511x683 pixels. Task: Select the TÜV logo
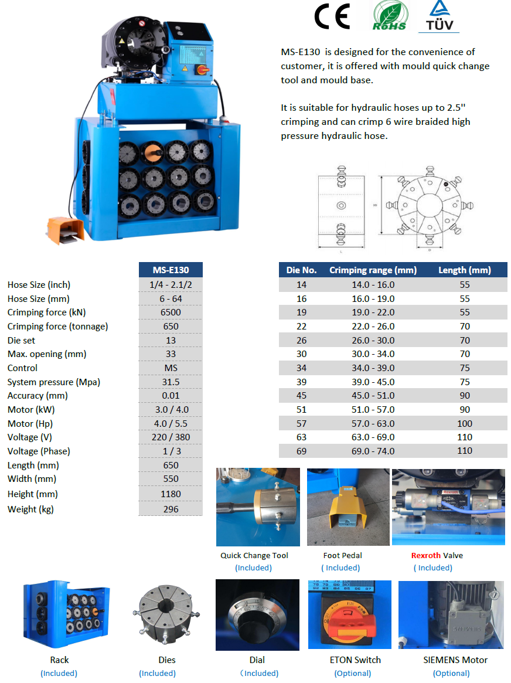[x=438, y=17]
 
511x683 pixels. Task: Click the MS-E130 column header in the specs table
[x=171, y=270]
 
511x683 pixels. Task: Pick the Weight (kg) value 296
[x=171, y=509]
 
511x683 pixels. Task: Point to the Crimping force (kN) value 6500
[x=171, y=312]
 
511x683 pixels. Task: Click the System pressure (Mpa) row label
[x=54, y=382]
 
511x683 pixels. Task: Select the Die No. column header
[x=301, y=270]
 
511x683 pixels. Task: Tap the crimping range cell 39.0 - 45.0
[x=373, y=382]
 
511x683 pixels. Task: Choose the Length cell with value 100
[x=464, y=423]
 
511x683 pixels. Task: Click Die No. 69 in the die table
[x=301, y=451]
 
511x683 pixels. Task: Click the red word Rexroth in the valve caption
[x=425, y=555]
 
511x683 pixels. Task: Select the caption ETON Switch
[x=355, y=660]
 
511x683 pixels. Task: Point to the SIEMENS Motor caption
[x=455, y=660]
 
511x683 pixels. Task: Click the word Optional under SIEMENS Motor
[x=451, y=673]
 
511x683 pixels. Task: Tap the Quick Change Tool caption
[x=254, y=555]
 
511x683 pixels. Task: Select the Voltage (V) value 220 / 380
[x=171, y=437]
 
